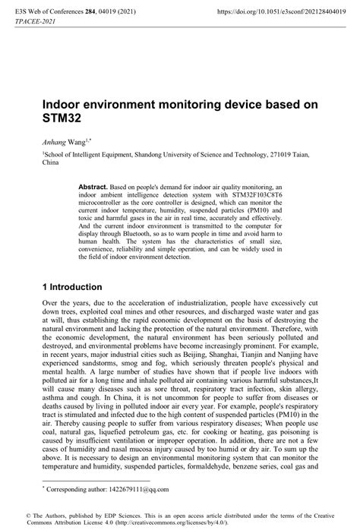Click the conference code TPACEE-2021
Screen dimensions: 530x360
coord(35,23)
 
